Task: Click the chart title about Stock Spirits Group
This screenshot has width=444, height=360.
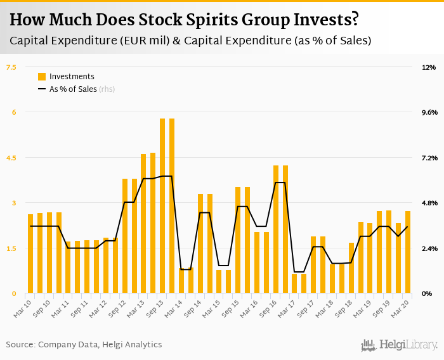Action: click(184, 20)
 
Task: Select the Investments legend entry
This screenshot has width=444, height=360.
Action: click(72, 77)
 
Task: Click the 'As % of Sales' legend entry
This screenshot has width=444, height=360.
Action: click(73, 89)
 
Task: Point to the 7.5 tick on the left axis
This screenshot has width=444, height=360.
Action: click(11, 67)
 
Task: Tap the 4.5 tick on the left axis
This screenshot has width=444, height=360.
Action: click(11, 157)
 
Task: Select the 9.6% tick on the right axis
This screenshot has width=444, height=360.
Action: click(429, 112)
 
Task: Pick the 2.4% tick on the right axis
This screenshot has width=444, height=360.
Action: click(429, 248)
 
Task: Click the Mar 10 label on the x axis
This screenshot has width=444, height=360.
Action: click(23, 305)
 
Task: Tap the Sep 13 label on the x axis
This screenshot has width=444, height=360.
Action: click(155, 305)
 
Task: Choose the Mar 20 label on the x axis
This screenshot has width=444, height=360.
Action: click(401, 305)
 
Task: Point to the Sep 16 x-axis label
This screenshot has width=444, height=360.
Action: click(269, 305)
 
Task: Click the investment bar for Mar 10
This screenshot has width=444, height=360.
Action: click(30, 254)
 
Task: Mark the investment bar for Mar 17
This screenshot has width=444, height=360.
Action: click(294, 283)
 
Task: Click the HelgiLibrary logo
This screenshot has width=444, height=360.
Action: click(400, 345)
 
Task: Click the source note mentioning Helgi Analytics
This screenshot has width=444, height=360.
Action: click(84, 345)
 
